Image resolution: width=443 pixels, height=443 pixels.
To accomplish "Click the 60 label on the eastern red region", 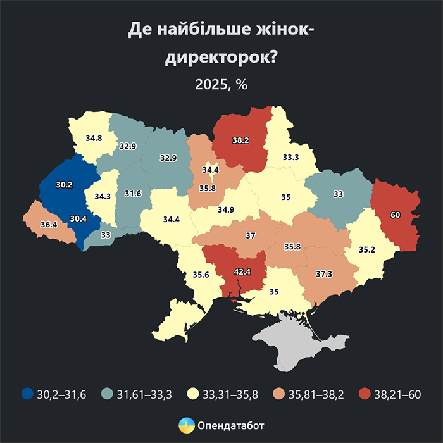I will pos(396,215).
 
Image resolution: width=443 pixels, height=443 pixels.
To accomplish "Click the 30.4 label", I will pos(78,218).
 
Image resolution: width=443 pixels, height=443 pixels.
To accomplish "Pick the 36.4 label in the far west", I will pos(48,223).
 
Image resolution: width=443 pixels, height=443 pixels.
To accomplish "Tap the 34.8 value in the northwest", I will pos(94,137).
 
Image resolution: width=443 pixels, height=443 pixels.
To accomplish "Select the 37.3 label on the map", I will pos(324,274).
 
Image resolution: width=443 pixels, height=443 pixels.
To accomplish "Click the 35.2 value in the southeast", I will pos(366,249).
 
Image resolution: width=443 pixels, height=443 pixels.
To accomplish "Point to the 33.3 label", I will pos(291,157).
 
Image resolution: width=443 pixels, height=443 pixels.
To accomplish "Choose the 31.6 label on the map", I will pos(132,193).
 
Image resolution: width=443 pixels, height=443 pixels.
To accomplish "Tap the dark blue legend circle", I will pos(27,394).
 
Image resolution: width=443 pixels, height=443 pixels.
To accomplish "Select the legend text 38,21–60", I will pos(398,394).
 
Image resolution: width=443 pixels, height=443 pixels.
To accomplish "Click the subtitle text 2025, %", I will pos(221,85).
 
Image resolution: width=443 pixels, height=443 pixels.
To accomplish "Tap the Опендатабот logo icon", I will pos(187,425).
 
